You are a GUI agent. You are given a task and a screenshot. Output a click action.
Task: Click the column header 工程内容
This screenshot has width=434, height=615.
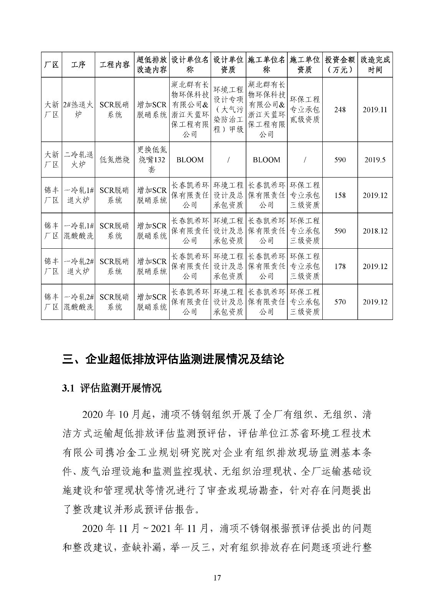click(114, 65)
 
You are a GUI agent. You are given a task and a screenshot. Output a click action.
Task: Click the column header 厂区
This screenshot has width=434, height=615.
click(51, 65)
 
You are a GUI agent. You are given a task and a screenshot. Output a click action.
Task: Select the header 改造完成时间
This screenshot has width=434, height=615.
click(375, 65)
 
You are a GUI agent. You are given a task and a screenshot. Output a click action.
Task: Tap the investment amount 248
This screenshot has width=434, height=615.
click(340, 110)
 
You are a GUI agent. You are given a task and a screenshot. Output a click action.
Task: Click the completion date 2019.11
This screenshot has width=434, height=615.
click(375, 110)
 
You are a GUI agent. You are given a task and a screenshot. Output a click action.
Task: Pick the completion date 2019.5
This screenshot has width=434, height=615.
click(375, 160)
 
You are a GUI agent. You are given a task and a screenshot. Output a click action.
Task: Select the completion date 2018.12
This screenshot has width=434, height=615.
click(375, 231)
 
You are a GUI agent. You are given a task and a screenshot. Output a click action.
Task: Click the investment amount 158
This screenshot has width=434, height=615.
click(340, 195)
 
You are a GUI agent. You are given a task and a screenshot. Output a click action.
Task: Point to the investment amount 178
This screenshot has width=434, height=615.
click(340, 266)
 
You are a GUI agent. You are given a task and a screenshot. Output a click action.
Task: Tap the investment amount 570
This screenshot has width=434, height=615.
click(340, 302)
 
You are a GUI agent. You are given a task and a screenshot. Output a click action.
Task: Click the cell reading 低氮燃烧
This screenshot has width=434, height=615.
click(114, 160)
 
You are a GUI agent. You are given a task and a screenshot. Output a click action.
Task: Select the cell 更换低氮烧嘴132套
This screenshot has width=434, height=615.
click(152, 160)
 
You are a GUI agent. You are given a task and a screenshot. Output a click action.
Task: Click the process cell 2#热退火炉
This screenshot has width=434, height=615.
click(78, 110)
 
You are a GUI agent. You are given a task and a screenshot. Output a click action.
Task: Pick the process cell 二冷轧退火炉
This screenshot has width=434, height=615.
click(78, 160)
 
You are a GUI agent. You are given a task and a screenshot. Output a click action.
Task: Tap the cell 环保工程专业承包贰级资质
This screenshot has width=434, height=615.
click(305, 110)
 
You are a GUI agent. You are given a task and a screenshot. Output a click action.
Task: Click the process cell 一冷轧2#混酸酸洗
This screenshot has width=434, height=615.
click(78, 302)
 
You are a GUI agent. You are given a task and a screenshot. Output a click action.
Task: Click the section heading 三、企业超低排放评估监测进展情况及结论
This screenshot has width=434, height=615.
click(173, 359)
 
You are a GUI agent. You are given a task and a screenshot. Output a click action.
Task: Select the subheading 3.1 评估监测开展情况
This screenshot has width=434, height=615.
click(112, 388)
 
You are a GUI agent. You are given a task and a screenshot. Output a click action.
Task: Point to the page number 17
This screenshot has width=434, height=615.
click(217, 578)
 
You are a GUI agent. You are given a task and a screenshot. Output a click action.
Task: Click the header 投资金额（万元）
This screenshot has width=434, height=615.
click(340, 65)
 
